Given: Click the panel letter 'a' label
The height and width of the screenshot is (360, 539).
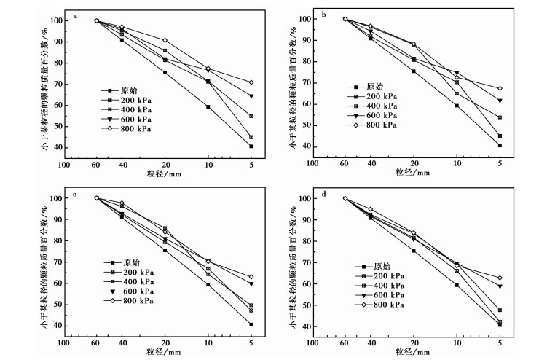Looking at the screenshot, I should tap(76, 14).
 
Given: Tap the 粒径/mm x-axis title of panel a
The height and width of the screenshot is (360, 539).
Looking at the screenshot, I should tap(159, 173).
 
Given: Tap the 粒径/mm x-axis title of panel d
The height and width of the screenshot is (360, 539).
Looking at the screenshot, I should tap(410, 352).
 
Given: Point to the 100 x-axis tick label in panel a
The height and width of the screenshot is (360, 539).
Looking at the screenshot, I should tap(64, 163).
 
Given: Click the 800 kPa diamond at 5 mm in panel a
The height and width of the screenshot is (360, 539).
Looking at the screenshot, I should tap(251, 82).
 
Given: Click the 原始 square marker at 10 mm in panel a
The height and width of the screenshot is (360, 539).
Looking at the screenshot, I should tap(208, 106).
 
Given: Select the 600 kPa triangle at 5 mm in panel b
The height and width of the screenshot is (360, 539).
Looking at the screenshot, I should tap(500, 101).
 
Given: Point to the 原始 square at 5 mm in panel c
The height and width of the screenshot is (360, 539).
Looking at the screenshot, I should tap(251, 324).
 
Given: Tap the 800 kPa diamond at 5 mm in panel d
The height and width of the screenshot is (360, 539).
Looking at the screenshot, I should tap(500, 278).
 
